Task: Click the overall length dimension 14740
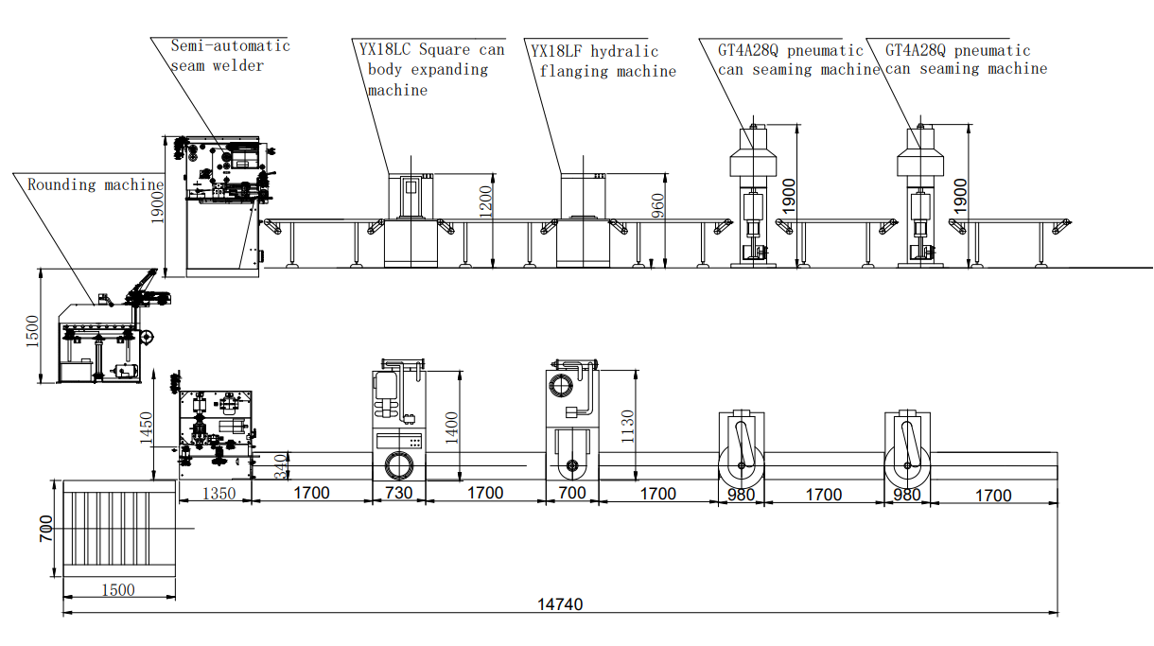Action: tap(562, 604)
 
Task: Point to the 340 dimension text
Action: tap(280, 466)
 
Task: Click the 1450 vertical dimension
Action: tap(146, 428)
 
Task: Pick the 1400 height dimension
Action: tap(453, 427)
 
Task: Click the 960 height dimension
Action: tap(659, 206)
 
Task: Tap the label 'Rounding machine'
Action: tap(95, 184)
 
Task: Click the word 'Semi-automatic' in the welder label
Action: tap(230, 45)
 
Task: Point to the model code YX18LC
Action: tap(386, 50)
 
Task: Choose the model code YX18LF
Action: tap(557, 51)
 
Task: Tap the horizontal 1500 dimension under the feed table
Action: tap(117, 589)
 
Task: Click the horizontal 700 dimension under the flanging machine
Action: tap(571, 493)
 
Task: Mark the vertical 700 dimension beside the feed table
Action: tap(45, 527)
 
